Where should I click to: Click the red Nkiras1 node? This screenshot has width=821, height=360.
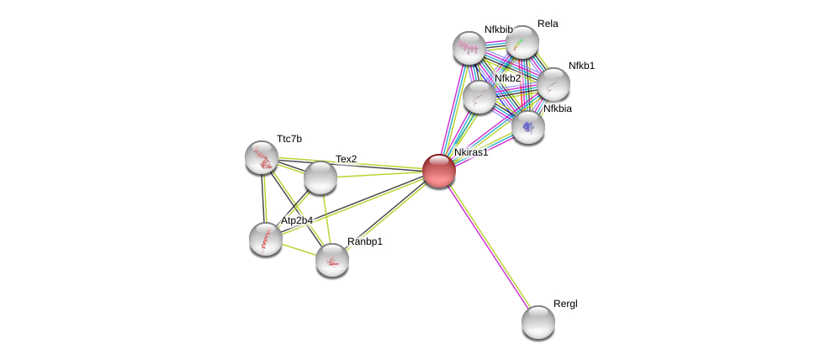pyautogui.click(x=439, y=171)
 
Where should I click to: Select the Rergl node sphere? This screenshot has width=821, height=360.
pyautogui.click(x=538, y=322)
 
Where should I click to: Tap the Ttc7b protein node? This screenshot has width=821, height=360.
pyautogui.click(x=262, y=157)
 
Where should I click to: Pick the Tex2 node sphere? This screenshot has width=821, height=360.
pyautogui.click(x=320, y=178)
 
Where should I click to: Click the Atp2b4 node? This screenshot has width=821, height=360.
pyautogui.click(x=266, y=239)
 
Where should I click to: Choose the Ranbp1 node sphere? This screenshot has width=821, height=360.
pyautogui.click(x=332, y=260)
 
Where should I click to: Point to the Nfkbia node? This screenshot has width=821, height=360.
pyautogui.click(x=527, y=127)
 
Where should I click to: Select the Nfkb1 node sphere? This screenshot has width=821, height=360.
pyautogui.click(x=554, y=84)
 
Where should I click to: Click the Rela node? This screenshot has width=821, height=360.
pyautogui.click(x=522, y=41)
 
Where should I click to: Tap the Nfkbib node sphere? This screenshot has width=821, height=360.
pyautogui.click(x=469, y=48)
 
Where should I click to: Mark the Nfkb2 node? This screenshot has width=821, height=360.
pyautogui.click(x=479, y=97)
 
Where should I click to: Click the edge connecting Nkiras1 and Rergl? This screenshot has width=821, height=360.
pyautogui.click(x=489, y=247)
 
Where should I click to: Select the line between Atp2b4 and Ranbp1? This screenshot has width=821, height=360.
pyautogui.click(x=299, y=250)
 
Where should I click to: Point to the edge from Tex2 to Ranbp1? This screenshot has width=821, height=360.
pyautogui.click(x=326, y=219)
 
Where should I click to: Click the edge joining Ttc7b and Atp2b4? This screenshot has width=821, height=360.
pyautogui.click(x=264, y=198)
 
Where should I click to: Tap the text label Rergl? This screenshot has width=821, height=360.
pyautogui.click(x=565, y=304)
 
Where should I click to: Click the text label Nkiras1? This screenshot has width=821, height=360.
pyautogui.click(x=471, y=152)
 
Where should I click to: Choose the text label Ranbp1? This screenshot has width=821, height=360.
pyautogui.click(x=365, y=241)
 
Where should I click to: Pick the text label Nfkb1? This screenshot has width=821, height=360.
pyautogui.click(x=582, y=66)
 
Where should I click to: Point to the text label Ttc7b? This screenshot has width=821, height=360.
pyautogui.click(x=289, y=139)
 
